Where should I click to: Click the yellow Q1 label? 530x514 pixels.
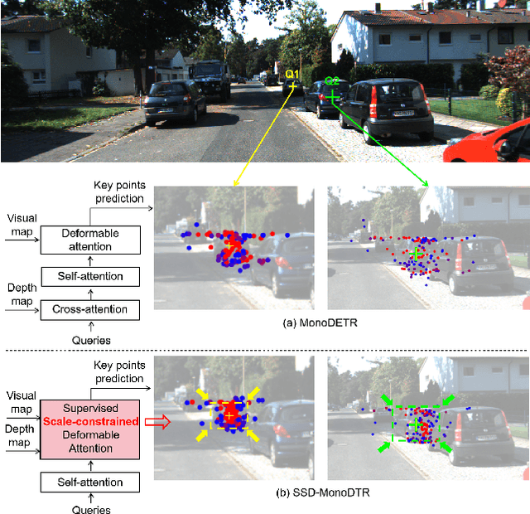(291, 75)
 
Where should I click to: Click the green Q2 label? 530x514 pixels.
(331, 81)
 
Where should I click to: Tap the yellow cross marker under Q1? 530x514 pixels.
(291, 86)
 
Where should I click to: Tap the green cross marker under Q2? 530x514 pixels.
(332, 97)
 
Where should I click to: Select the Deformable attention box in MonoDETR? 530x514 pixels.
(91, 240)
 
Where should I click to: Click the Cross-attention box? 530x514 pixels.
(91, 309)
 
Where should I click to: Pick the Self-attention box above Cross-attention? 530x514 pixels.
(91, 276)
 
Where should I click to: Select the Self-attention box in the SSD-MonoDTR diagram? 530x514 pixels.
(91, 482)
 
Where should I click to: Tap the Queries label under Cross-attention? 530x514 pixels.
(91, 340)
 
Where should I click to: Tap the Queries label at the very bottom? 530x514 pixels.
(91, 508)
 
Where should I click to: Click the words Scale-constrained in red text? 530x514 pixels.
(91, 421)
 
